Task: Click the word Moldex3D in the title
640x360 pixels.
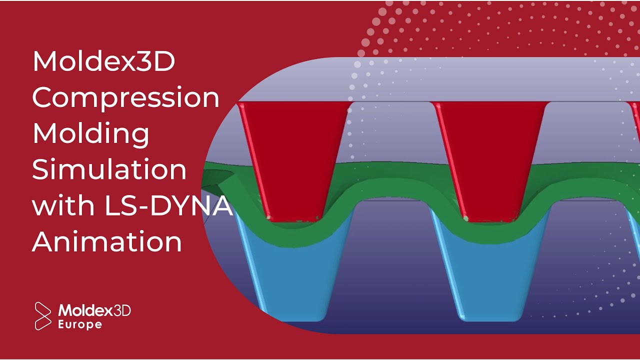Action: [103, 61]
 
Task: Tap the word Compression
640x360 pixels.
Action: [126, 98]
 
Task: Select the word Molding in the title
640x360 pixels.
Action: [91, 134]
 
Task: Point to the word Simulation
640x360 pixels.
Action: [109, 169]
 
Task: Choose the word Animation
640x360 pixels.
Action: [107, 241]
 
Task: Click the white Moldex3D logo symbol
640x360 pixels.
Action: [43, 315]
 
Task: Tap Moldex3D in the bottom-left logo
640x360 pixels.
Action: [94, 311]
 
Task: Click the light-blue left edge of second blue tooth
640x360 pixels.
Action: [448, 270]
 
